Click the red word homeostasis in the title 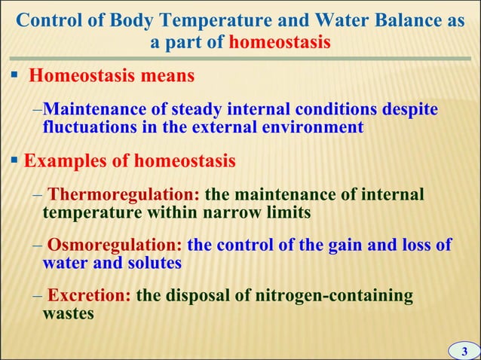point(279,41)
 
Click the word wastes point(69,313)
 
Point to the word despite point(411,109)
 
